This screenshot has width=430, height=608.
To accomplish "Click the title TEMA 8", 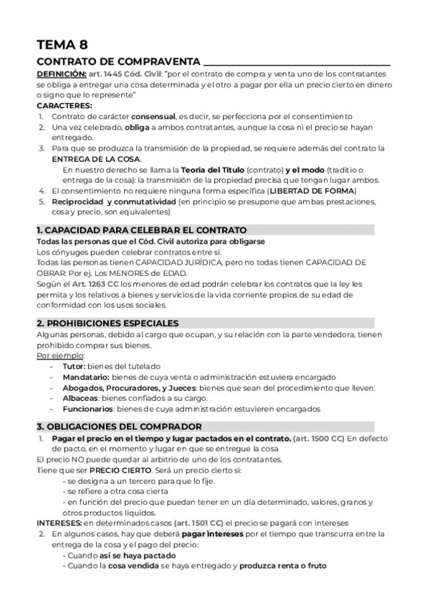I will [62, 44].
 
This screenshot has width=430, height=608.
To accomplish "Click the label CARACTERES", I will [64, 105].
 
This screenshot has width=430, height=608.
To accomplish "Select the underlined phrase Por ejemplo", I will [60, 356].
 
